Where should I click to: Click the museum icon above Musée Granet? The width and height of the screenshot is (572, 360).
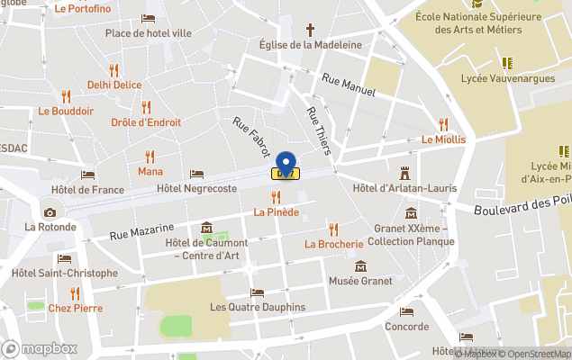(x=360, y=266)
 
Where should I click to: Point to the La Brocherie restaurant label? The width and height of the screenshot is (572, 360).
(x=333, y=244)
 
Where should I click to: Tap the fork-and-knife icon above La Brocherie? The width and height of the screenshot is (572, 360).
(x=333, y=229)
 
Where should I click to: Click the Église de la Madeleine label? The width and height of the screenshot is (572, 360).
(x=310, y=45)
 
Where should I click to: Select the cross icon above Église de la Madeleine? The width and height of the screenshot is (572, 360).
(x=310, y=30)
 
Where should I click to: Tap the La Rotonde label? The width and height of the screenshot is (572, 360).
(x=50, y=227)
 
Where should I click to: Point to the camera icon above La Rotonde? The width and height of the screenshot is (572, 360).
(x=50, y=212)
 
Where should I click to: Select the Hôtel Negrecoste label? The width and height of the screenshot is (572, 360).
(x=196, y=189)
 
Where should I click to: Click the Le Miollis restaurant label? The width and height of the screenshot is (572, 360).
(x=443, y=139)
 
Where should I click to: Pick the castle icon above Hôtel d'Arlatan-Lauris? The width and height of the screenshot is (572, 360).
(x=404, y=171)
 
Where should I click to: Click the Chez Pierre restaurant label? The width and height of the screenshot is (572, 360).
(x=75, y=308)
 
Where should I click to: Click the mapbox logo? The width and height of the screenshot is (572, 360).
(x=39, y=348)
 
